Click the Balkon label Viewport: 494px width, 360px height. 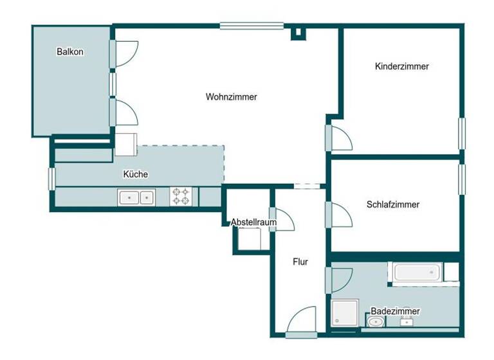(70, 52)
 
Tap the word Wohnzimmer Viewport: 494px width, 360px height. (232, 97)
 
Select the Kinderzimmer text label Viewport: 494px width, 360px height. (401, 66)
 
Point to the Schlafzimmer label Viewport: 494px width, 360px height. (392, 204)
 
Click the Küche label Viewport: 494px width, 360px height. (136, 174)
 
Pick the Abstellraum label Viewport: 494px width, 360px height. (253, 222)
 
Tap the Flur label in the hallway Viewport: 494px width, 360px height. (300, 262)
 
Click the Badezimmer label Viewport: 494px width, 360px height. (395, 311)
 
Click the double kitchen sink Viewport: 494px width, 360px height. (136, 197)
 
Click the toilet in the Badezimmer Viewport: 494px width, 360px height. (376, 320)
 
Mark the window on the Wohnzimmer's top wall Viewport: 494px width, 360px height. (252, 26)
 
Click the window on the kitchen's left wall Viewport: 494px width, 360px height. (52, 178)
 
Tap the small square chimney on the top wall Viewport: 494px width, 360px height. (298, 32)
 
